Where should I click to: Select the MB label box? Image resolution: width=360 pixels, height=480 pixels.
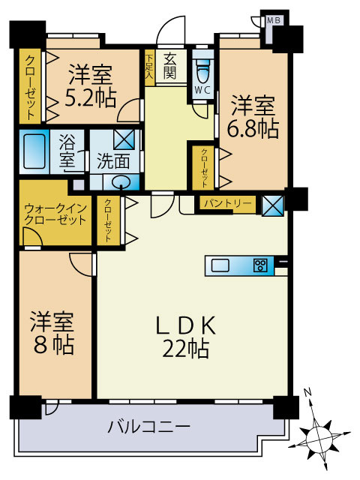[x=274, y=21]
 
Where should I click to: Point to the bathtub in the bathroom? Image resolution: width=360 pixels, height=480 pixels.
[x=35, y=152]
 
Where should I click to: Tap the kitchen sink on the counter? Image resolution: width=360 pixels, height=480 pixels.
[x=221, y=264]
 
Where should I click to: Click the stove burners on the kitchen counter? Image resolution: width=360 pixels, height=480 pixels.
[x=260, y=264]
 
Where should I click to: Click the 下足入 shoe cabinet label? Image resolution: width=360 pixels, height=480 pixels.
[x=149, y=65]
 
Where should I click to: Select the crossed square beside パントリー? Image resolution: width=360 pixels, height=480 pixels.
[x=272, y=203]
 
